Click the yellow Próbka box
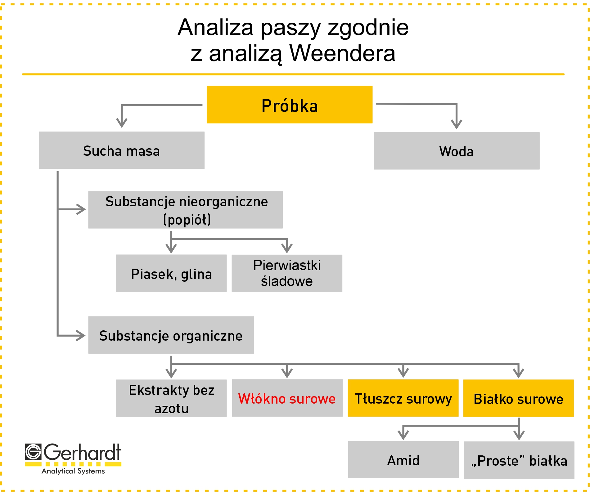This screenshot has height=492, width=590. [x=290, y=105]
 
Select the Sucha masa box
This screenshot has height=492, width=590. [x=122, y=150]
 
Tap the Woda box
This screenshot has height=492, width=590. [x=457, y=151]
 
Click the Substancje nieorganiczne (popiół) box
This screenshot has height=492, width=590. [x=185, y=210]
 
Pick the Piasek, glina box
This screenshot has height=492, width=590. [x=171, y=273]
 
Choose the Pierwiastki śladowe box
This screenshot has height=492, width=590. [x=287, y=273]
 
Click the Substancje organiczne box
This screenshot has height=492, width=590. [x=171, y=335]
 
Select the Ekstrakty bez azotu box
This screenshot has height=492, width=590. [x=171, y=398]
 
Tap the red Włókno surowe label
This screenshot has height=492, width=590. [x=287, y=399]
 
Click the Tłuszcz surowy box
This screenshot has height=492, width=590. [x=403, y=398]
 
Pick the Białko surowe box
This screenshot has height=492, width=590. [x=518, y=398]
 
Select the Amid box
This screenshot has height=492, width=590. [x=403, y=459]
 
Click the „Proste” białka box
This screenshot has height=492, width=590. [x=519, y=460]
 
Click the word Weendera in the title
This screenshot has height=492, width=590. [x=342, y=53]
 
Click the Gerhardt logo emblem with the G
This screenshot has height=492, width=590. [x=33, y=452]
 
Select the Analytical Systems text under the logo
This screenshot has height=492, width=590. [x=73, y=471]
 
